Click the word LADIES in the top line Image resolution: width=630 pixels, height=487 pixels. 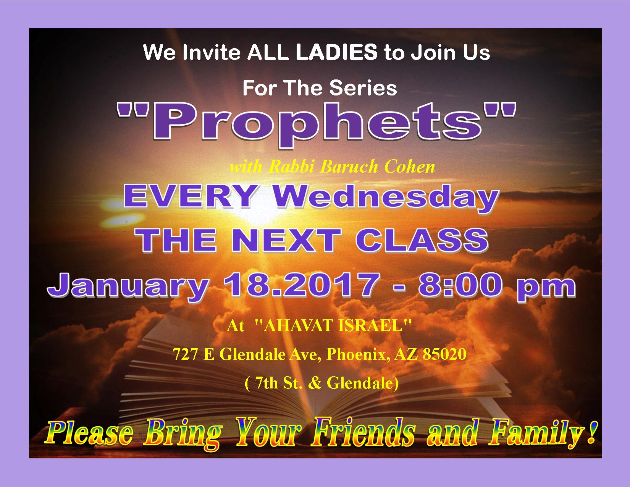coord(337,52)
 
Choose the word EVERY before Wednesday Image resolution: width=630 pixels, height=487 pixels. coord(190,196)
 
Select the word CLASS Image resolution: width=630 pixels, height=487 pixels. coord(422,240)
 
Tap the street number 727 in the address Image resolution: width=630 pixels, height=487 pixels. coord(186,354)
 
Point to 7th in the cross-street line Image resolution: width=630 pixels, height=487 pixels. coord(266,383)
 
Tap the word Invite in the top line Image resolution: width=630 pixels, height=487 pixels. coord(211,52)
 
